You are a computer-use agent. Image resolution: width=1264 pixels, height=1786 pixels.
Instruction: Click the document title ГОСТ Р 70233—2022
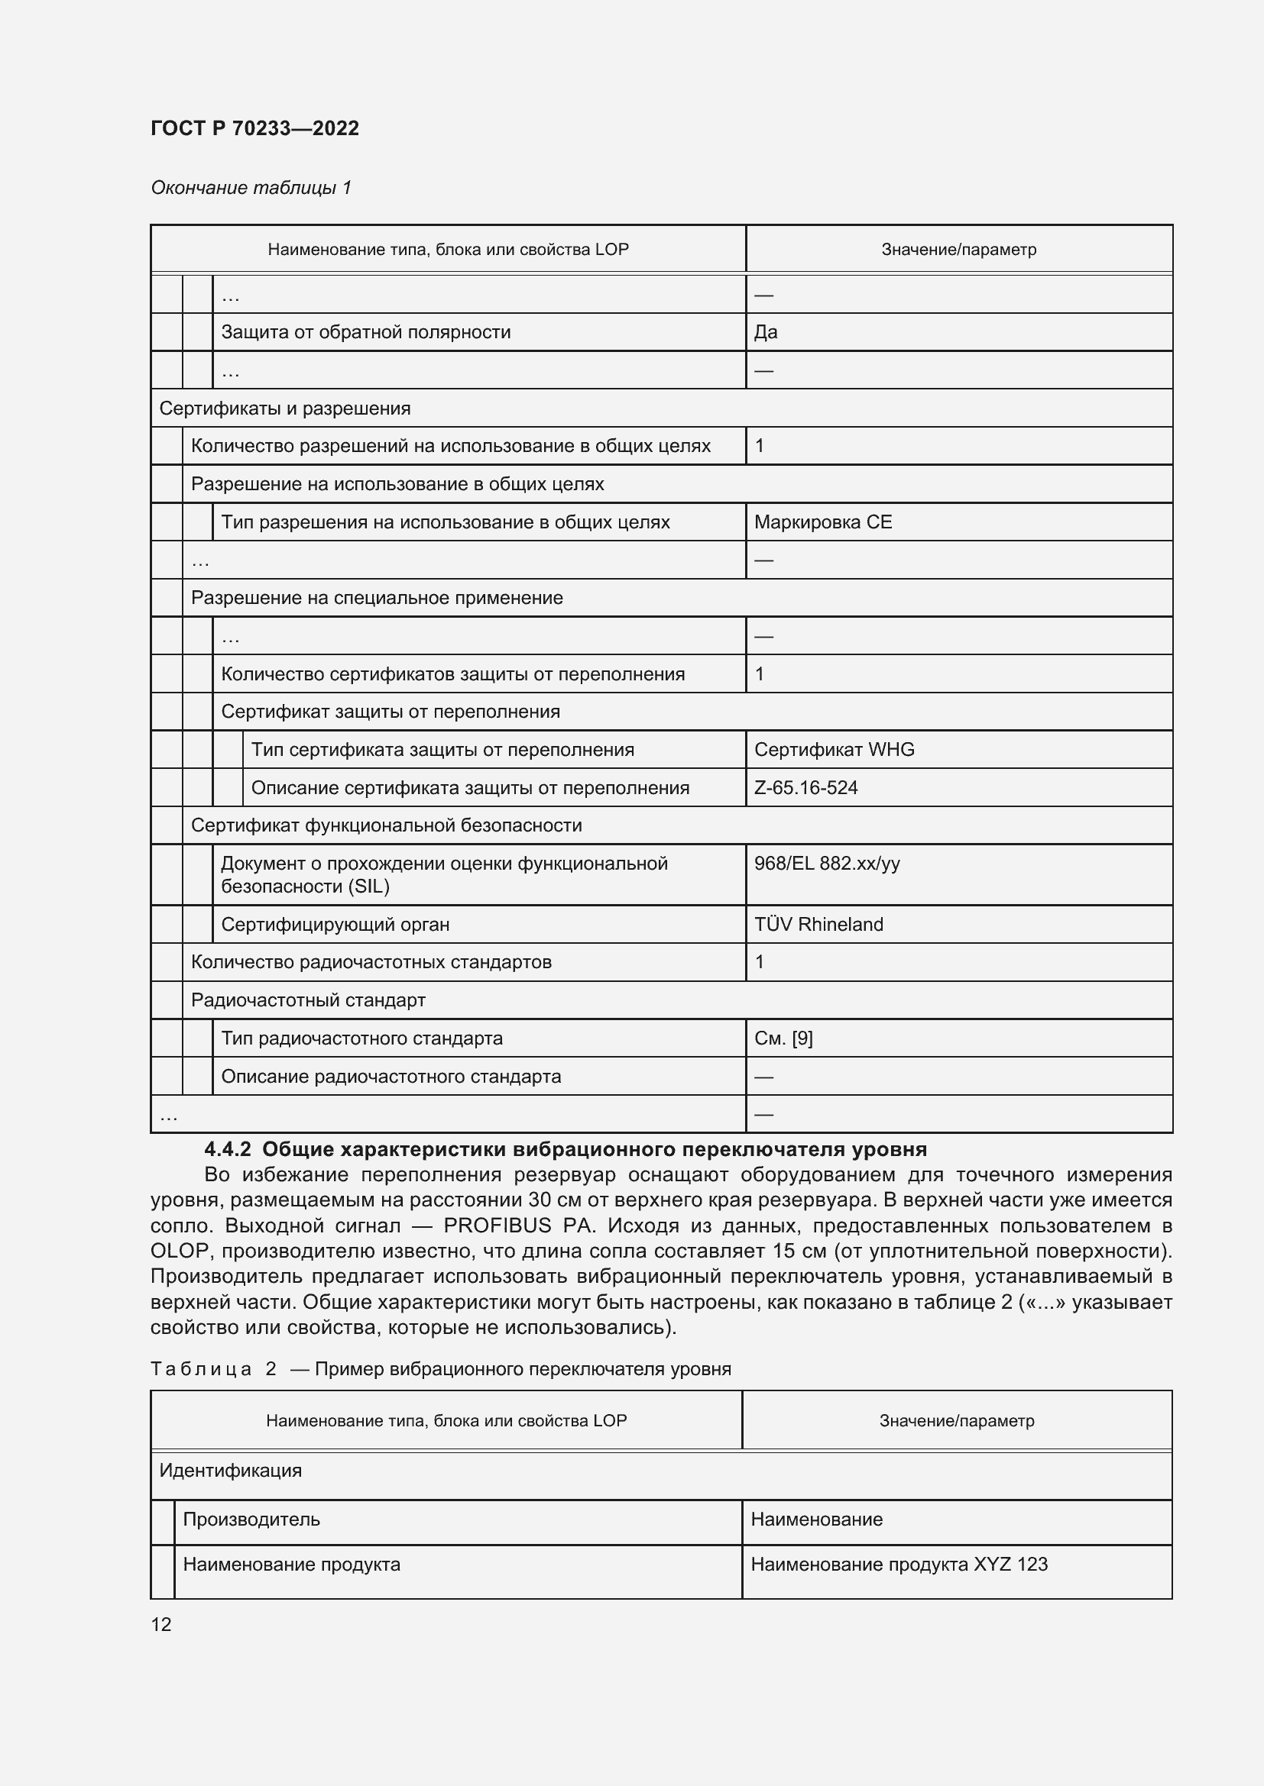point(254,128)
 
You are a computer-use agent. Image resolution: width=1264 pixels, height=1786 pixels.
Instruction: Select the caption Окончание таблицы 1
point(251,188)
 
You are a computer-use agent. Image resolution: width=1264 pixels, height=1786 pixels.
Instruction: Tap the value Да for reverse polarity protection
point(765,332)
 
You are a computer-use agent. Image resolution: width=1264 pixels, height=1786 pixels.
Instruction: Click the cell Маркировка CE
point(823,522)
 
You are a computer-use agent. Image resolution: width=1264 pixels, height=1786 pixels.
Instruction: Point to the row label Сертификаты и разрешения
point(284,409)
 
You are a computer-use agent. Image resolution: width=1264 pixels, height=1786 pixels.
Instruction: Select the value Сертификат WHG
point(834,750)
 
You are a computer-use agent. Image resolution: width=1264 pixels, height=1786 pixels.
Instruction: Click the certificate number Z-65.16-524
point(805,788)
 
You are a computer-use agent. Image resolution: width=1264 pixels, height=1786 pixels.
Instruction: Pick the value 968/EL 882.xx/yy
point(827,864)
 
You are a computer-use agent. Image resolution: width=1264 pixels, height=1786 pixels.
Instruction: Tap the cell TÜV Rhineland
point(818,925)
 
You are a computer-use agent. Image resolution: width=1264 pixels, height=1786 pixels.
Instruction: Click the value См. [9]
point(783,1038)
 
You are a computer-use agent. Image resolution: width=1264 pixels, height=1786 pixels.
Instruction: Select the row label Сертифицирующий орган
point(335,925)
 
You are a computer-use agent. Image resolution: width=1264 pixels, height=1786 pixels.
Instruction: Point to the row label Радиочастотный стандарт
point(307,1000)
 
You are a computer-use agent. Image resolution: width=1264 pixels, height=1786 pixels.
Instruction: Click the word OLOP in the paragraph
point(179,1251)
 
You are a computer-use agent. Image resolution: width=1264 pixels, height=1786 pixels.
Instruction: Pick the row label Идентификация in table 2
point(230,1471)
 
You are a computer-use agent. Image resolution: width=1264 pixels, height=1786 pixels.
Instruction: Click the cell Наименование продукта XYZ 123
point(899,1565)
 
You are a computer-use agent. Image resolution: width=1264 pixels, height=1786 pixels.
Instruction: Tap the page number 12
point(160,1625)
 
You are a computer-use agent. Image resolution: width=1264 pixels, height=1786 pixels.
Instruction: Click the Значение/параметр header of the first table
point(958,250)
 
